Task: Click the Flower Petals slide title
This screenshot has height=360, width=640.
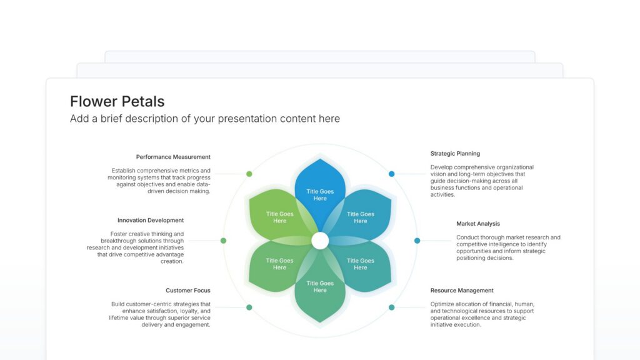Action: point(117,102)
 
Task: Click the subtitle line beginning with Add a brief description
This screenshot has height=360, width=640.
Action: point(205,119)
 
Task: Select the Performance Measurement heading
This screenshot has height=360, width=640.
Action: point(173,157)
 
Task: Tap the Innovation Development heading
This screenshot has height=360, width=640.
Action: point(151,221)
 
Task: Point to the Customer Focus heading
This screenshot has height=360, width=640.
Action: point(188,291)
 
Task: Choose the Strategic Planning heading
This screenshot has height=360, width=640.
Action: point(455,154)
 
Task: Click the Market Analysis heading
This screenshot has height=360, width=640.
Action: point(478,224)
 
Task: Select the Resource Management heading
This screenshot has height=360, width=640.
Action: point(462,291)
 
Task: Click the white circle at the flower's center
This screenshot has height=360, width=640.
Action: point(320,241)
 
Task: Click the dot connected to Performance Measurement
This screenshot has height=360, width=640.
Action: point(249,174)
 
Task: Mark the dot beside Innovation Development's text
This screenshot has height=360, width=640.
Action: point(223,241)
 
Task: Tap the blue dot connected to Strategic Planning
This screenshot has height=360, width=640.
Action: point(391,174)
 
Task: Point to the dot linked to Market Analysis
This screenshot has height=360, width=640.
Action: point(417,241)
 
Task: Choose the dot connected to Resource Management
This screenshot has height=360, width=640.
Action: point(391,307)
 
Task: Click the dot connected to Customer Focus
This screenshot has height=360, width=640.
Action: point(249,307)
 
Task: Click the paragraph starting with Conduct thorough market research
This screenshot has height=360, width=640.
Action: point(508,247)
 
